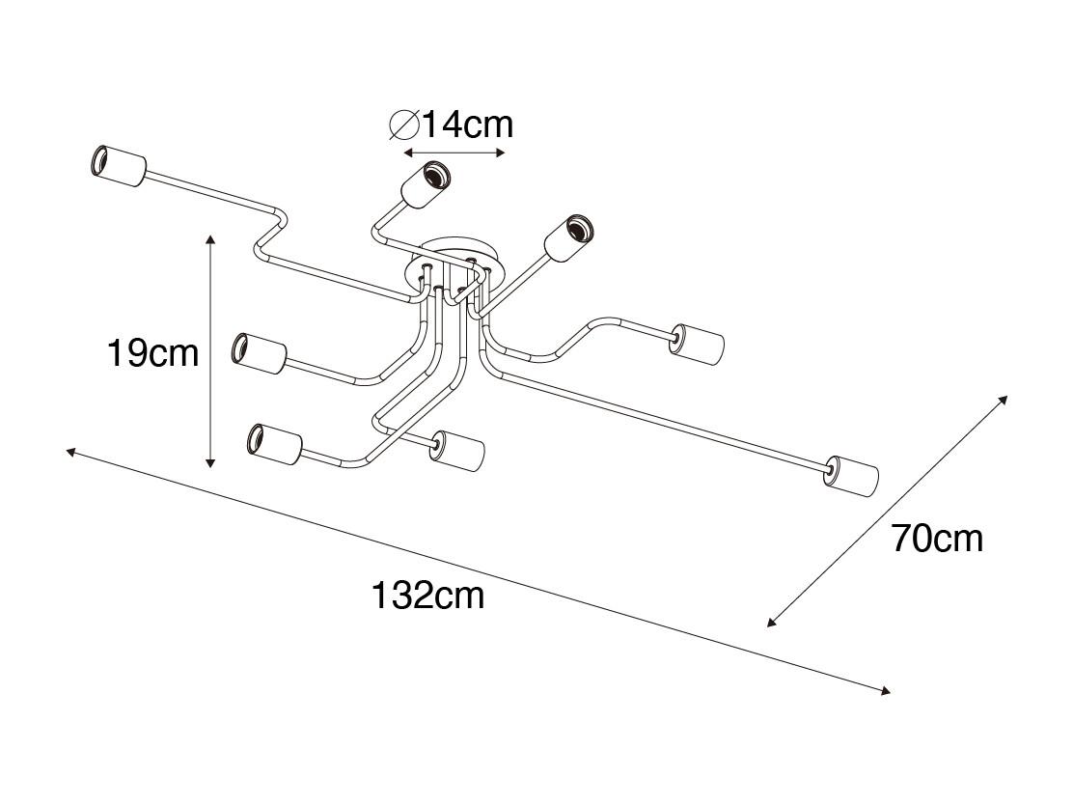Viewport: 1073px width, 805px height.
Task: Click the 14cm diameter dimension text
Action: (x=467, y=125)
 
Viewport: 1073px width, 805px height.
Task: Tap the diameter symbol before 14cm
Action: (x=404, y=125)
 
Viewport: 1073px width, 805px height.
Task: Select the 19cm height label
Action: (x=152, y=353)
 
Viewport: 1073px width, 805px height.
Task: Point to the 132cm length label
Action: (x=427, y=595)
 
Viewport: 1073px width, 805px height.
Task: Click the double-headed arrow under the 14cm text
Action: (x=454, y=152)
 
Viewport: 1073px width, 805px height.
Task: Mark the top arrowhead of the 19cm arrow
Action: (x=210, y=239)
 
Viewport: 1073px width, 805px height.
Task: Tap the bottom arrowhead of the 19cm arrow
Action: (x=210, y=462)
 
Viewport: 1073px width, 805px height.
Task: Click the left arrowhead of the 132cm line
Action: (x=71, y=452)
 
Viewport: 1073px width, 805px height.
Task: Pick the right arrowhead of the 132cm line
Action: (x=884, y=691)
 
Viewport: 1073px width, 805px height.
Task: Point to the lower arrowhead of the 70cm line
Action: (x=773, y=621)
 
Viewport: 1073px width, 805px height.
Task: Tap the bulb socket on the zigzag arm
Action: (x=119, y=166)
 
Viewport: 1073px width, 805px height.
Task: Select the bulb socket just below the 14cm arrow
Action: (x=426, y=183)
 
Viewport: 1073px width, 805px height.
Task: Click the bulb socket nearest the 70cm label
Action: (x=851, y=476)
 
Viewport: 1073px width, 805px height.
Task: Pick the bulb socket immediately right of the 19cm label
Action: (x=260, y=352)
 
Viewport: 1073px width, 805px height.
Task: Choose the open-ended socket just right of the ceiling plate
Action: (x=569, y=238)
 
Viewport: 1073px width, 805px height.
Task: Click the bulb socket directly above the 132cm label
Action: (x=457, y=451)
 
